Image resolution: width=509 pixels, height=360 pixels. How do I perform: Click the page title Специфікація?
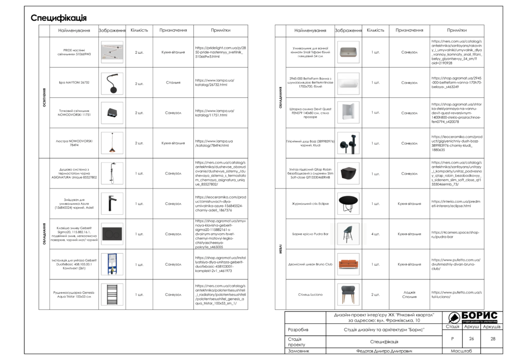pyautogui.click(x=59, y=18)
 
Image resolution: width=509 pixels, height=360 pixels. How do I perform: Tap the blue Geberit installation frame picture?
pyautogui.click(x=111, y=264)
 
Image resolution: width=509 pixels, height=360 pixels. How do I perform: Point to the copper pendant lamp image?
pyautogui.click(x=112, y=143)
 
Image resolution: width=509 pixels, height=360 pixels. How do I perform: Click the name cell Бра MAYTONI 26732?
pyautogui.click(x=74, y=83)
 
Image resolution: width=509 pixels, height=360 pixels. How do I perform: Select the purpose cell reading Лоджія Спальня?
pyautogui.click(x=409, y=294)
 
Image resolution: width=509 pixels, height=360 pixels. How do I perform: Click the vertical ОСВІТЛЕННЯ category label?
pyautogui.click(x=44, y=97)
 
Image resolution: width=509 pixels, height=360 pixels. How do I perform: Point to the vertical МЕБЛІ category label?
pyautogui.click(x=280, y=249)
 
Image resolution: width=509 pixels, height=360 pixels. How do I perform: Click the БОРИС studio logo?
pyautogui.click(x=472, y=317)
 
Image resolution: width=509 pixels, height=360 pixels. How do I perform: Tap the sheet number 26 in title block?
pyautogui.click(x=471, y=339)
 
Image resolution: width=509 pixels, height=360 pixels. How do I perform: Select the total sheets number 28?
pyautogui.click(x=493, y=339)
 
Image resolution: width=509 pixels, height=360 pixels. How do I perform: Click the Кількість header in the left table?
pyautogui.click(x=139, y=30)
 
